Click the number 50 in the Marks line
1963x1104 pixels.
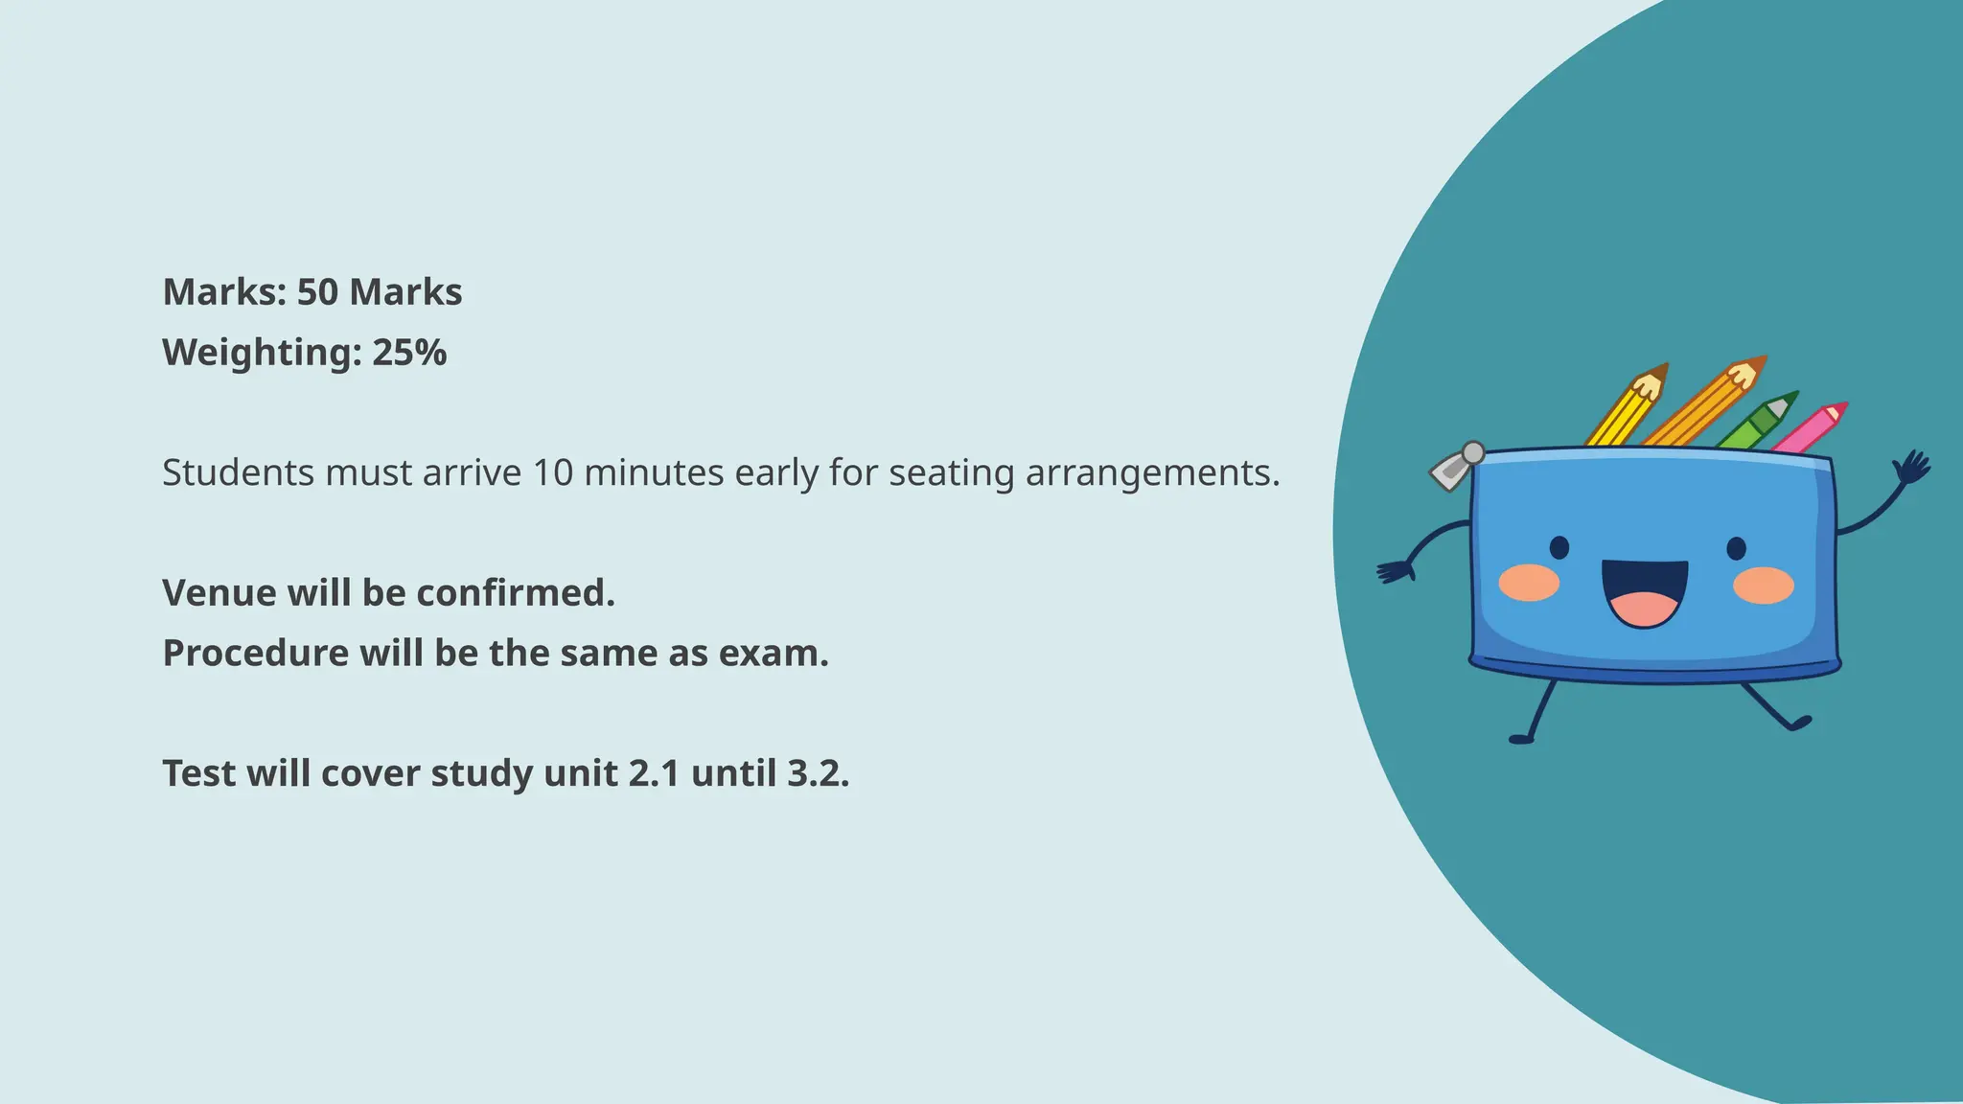[317, 292]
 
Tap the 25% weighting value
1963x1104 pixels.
[409, 353]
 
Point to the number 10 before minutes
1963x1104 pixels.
[552, 472]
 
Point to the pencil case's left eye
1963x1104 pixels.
[1559, 547]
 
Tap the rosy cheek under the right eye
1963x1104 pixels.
[1764, 585]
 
